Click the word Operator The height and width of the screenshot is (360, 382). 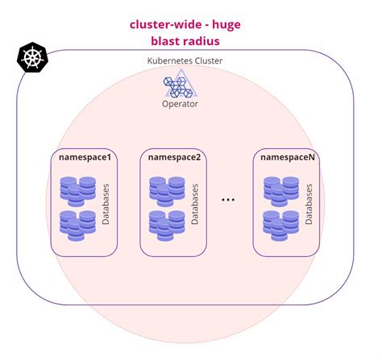(180, 104)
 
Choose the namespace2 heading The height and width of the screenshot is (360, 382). (173, 157)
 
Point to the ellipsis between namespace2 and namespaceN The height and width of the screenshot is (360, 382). (228, 198)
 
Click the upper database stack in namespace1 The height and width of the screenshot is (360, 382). (77, 190)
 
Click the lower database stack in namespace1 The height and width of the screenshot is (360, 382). (77, 225)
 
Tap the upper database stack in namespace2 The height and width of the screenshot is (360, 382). (167, 190)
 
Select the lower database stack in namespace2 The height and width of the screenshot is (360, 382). (167, 225)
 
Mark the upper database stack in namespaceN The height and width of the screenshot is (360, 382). (280, 190)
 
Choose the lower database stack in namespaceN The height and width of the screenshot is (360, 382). (280, 225)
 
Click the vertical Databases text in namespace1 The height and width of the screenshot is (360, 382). (106, 205)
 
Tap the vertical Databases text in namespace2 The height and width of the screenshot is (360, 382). (195, 205)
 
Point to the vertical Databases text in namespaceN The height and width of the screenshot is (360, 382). (309, 205)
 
